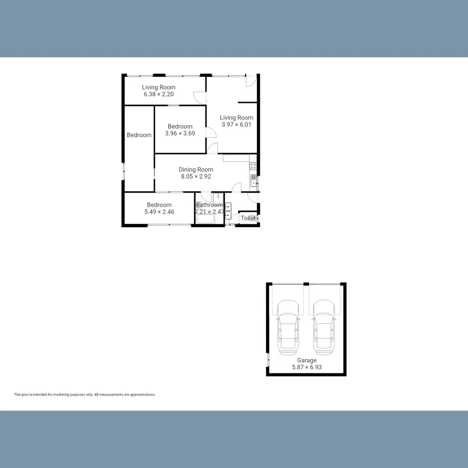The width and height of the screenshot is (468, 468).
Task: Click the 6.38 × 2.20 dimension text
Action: [x=159, y=94]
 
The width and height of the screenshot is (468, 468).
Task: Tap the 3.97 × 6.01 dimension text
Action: [x=236, y=124]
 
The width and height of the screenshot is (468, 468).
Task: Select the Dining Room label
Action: [x=196, y=169]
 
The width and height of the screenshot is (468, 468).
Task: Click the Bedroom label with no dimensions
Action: [x=139, y=135]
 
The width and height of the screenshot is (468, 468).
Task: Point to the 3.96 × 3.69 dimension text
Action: [x=180, y=133]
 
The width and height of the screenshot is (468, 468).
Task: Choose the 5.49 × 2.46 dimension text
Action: [x=159, y=212]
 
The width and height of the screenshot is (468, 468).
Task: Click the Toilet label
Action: [x=248, y=218]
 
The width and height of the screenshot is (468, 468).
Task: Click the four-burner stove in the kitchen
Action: [x=253, y=166]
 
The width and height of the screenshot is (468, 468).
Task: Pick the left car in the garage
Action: [x=288, y=325]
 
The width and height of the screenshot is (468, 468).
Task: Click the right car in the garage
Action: [x=324, y=325]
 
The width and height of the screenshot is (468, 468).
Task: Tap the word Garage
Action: [x=307, y=360]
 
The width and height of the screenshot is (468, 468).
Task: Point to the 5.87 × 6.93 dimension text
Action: [x=307, y=367]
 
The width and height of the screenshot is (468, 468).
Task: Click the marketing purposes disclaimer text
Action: [x=85, y=395]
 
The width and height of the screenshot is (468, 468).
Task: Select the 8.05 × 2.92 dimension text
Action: [x=196, y=176]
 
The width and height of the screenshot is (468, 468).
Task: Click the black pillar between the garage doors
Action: [x=306, y=284]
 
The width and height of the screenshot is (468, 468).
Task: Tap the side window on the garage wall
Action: [x=268, y=359]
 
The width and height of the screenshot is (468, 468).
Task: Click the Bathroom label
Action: [x=210, y=205]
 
